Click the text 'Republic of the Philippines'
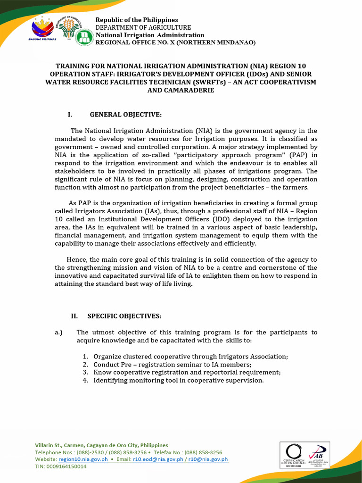click(137, 20)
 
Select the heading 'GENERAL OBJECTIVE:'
click(125, 115)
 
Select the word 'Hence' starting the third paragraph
click(76, 259)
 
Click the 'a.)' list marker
click(59, 333)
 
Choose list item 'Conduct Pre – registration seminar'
click(172, 365)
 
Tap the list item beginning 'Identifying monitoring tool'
click(178, 380)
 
